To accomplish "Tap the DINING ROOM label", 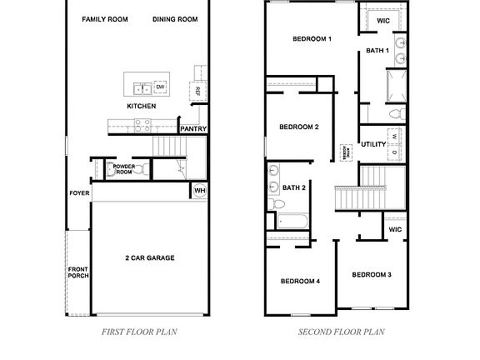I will tap(175, 19).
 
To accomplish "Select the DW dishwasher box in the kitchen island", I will tap(161, 87).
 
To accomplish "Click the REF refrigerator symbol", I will tap(197, 91).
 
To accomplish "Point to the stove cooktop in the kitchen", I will tap(142, 127).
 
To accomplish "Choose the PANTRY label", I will tap(193, 129).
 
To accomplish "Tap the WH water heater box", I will tap(199, 190).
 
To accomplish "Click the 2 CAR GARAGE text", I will tap(149, 258).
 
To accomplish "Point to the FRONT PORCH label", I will tap(78, 274).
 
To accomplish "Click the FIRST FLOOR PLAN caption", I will tap(139, 331).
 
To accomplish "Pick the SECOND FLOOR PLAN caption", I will tap(342, 331).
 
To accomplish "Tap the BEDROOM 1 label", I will tap(312, 39).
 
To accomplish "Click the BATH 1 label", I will tap(377, 51).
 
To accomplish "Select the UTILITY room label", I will tap(372, 144).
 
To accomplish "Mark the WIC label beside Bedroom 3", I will tap(395, 229).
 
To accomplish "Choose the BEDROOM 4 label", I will tap(299, 281).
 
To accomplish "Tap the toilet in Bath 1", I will tap(397, 112).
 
